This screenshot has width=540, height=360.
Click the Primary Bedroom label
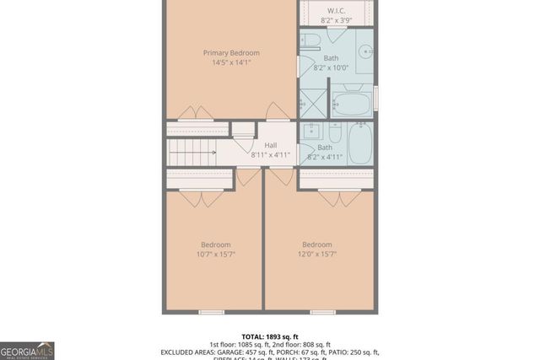231,52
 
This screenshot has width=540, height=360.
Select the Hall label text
270,145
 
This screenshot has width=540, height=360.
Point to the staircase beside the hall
192,153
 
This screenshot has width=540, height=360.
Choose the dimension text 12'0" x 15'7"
317,255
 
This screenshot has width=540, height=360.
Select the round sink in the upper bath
367,51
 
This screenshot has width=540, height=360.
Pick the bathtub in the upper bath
352,105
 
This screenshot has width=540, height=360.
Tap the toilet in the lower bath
335,134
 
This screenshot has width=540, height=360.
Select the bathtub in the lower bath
360,143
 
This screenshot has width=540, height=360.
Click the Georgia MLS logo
27,350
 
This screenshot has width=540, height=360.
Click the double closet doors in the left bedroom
202,198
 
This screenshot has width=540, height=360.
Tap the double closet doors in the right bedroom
339,198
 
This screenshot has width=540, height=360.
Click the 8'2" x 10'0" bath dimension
331,68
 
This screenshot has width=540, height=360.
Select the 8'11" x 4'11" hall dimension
270,155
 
